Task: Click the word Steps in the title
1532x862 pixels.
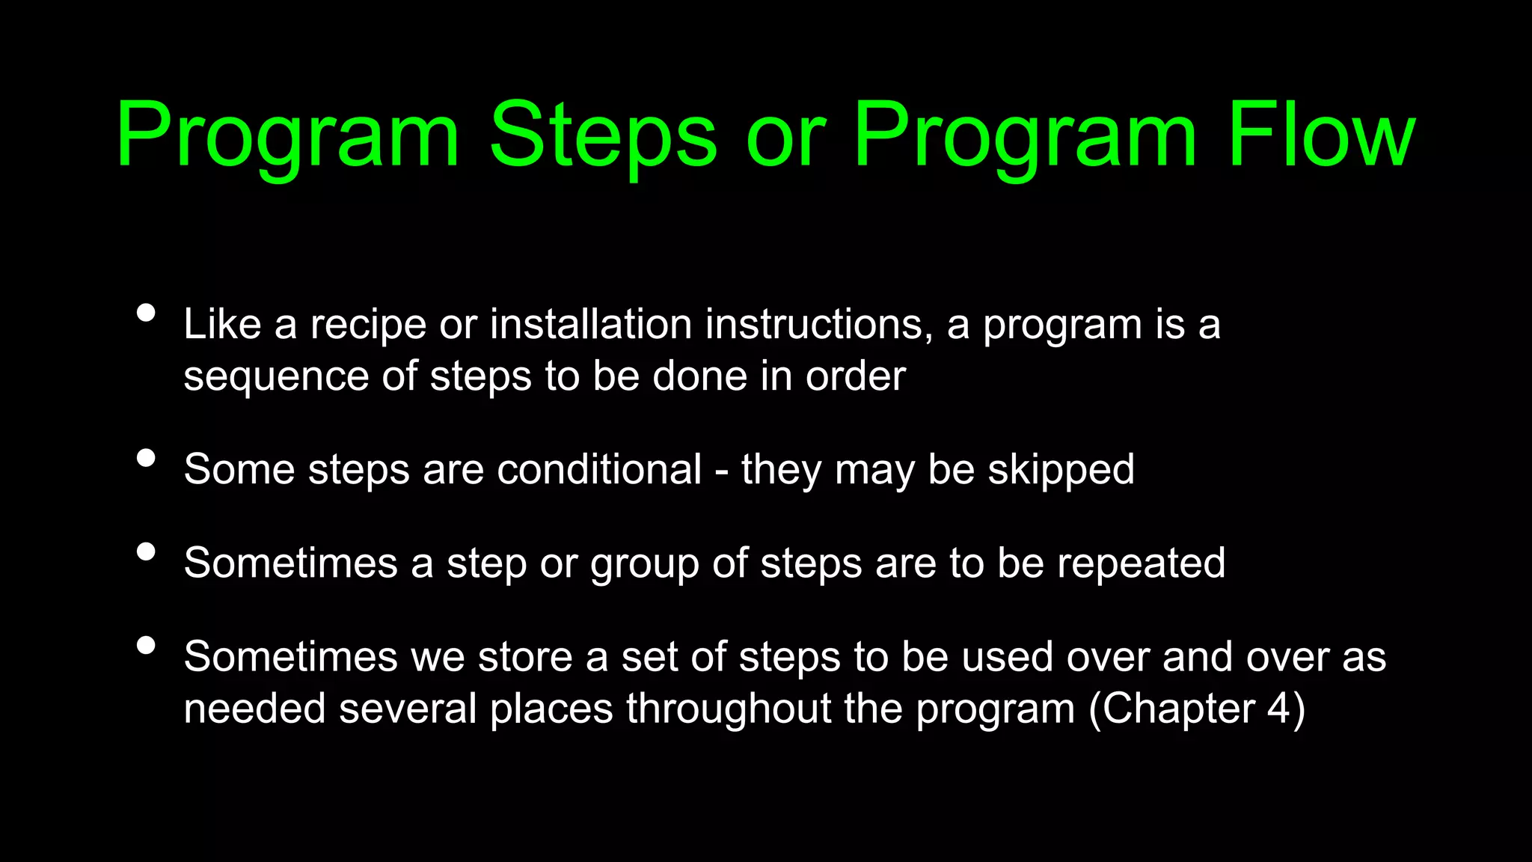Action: tap(603, 136)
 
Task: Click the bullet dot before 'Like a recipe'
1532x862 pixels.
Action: tap(147, 313)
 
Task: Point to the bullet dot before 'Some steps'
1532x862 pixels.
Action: tap(147, 458)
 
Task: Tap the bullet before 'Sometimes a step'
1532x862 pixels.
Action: tap(147, 551)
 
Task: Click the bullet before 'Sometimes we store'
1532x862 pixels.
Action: tap(147, 645)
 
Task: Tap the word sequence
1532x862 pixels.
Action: tap(276, 377)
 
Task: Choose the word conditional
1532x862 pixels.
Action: tap(599, 470)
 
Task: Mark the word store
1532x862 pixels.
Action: tap(524, 658)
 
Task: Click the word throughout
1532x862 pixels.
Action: tap(729, 709)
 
